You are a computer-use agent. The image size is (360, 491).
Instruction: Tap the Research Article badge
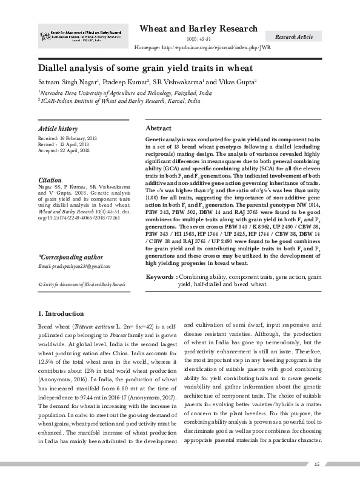[x=294, y=38]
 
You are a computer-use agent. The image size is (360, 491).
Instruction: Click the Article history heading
[x=58, y=129]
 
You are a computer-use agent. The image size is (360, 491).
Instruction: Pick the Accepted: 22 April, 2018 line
[x=64, y=150]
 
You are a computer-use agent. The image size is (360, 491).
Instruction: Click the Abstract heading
[x=159, y=129]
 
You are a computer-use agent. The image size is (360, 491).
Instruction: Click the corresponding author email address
[x=73, y=267]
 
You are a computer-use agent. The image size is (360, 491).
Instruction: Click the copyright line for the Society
[x=81, y=284]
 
